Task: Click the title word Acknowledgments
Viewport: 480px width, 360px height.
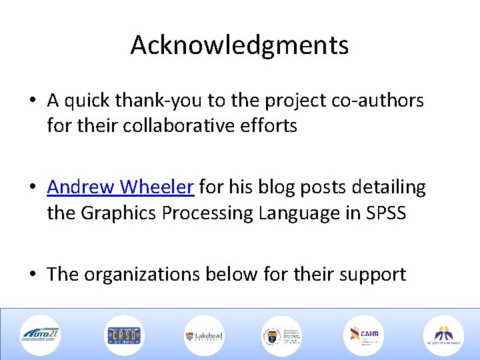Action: [239, 45]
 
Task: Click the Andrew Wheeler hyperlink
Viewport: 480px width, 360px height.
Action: [121, 187]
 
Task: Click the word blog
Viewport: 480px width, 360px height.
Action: [257, 187]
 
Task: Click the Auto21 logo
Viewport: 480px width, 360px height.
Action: [39, 335]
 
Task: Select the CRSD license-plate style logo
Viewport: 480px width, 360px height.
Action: [123, 335]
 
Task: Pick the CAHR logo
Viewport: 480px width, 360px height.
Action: [364, 335]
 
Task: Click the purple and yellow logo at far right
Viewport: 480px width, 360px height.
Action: [443, 335]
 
